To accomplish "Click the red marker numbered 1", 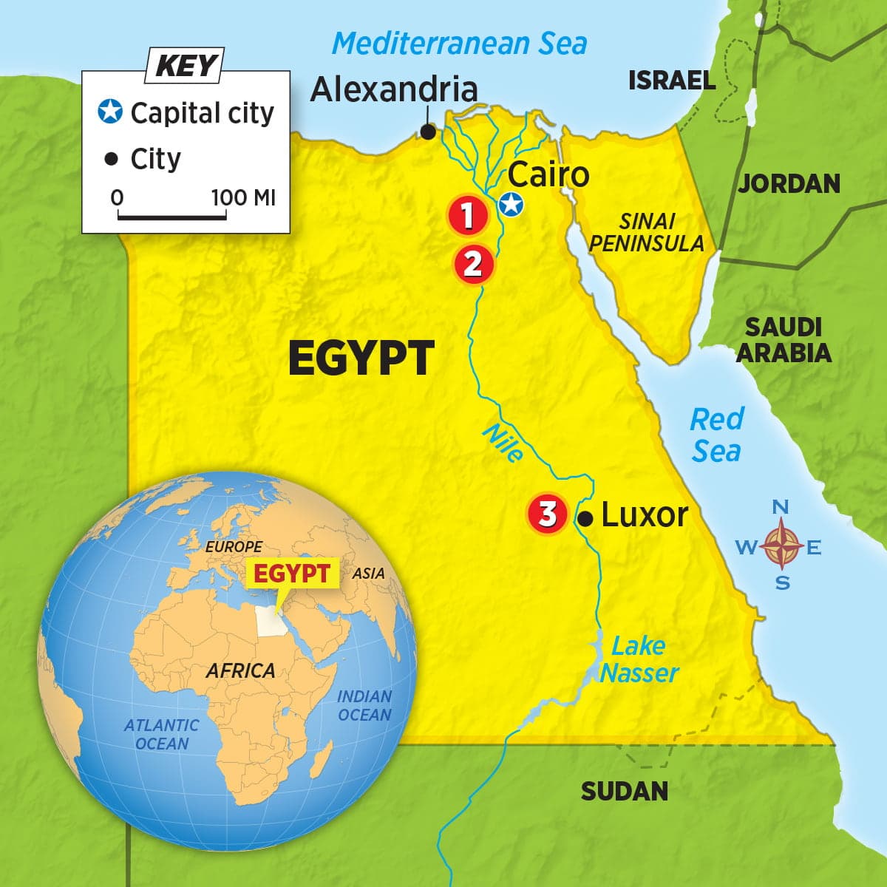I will pos(467,216).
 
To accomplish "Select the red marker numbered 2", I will pos(473,263).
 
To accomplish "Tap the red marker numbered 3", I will pos(547,514).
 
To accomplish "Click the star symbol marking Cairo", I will pos(510,205).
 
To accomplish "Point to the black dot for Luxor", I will pos(585,519).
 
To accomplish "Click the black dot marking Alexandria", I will pos(427,132).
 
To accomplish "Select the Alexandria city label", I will pos(393,89).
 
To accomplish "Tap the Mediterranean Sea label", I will pos(459,44).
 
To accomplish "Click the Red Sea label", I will pos(716,435).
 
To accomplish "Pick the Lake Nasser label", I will pos(639,659).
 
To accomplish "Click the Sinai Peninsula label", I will pos(647,232).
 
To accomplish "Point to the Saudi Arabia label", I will pos(784,340).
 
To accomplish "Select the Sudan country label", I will pos(624,791).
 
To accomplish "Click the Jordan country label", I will pos(789,183).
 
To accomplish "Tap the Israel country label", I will pos(672,80).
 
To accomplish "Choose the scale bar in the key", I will pos(171,217).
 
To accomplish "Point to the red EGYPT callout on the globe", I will pos(291,574).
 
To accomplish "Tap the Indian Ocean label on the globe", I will pos(364,705).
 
